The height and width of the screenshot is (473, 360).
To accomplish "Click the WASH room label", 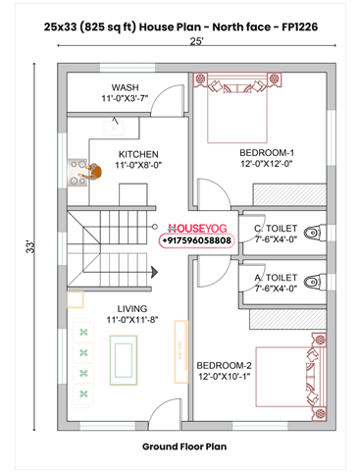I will click(x=126, y=93).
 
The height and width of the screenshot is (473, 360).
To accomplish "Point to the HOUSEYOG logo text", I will click(x=197, y=227).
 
